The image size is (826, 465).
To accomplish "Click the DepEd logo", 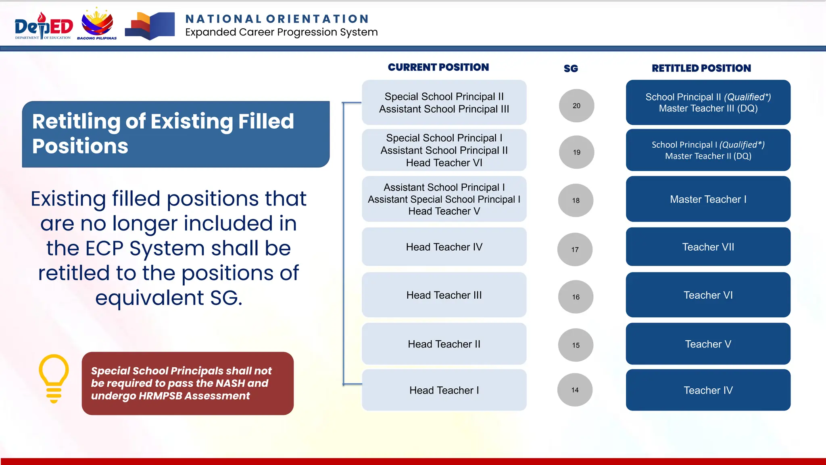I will point(44,26).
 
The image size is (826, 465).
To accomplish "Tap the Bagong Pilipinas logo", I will point(97,24).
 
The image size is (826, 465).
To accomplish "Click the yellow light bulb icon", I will point(54,378).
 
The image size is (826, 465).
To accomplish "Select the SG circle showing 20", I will point(576,106).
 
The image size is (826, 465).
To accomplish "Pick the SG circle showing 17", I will point(575,249).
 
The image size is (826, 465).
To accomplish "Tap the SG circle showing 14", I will point(575,390).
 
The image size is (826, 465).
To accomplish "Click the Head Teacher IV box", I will point(444,247).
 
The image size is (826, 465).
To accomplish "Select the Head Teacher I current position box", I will point(444,390).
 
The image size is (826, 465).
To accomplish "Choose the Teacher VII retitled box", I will point(708,247).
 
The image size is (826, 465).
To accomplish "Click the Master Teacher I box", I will point(708,199).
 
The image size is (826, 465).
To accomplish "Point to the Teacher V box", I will point(708,344).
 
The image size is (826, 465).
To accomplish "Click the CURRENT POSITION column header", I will point(438,67).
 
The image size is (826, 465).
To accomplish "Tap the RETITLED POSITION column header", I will point(701,68).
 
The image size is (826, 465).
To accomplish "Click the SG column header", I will point(571,69).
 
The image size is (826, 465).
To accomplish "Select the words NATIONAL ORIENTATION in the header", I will point(277,19).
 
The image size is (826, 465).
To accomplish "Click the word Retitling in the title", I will point(76,121).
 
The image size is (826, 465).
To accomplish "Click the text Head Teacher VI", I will point(444,163).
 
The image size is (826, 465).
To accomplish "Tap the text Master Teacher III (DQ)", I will point(708,109).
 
